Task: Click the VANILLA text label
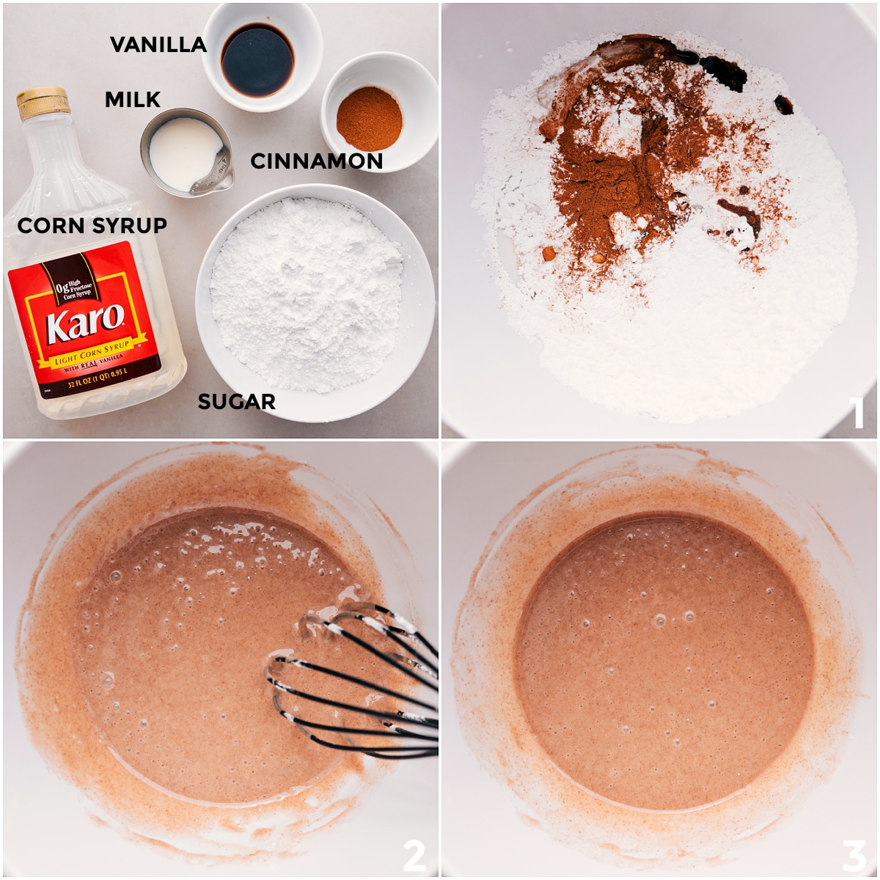click(x=158, y=45)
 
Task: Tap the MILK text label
click(x=133, y=100)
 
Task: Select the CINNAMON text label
click(x=317, y=161)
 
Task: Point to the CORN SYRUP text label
click(x=92, y=226)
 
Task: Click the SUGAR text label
click(x=237, y=402)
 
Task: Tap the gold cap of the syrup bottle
click(x=43, y=103)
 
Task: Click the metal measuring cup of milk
click(x=185, y=153)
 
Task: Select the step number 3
click(x=854, y=855)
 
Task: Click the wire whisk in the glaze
click(x=359, y=682)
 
